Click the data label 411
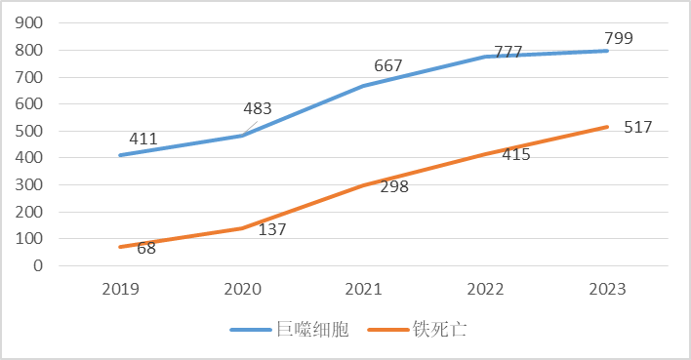pyautogui.click(x=143, y=139)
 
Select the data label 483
pyautogui.click(x=257, y=109)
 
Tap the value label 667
pyautogui.click(x=388, y=66)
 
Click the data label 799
pyautogui.click(x=619, y=39)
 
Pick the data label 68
pyautogui.click(x=146, y=248)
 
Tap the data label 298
pyautogui.click(x=393, y=186)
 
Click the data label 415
pyautogui.click(x=515, y=154)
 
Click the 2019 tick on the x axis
pyautogui.click(x=121, y=290)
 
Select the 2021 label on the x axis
pyautogui.click(x=364, y=290)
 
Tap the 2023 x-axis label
pyautogui.click(x=607, y=290)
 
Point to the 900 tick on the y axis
pyautogui.click(x=31, y=23)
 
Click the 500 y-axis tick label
pyautogui.click(x=31, y=131)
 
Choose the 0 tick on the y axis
pyautogui.click(x=40, y=265)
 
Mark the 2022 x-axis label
pyautogui.click(x=485, y=290)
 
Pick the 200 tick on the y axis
pyautogui.click(x=31, y=212)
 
